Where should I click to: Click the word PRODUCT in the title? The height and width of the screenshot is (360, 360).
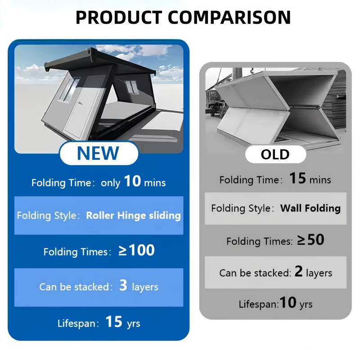pos(119,18)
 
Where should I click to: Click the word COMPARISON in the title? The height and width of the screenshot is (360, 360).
pos(229,18)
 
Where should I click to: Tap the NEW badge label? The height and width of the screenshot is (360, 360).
pos(98,153)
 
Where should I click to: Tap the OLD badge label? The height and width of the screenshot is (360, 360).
pos(275,154)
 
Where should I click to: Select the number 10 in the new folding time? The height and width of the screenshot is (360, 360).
pos(132,181)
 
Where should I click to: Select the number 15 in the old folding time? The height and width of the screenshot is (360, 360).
pos(297,178)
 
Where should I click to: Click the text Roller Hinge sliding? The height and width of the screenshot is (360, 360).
pos(133,216)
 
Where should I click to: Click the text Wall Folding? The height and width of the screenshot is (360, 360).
pos(310,208)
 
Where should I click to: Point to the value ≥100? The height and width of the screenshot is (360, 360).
pos(136,250)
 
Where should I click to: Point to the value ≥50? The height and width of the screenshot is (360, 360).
pos(310,240)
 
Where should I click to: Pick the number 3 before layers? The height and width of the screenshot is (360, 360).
pos(123,285)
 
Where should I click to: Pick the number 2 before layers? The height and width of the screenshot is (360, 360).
pos(298,271)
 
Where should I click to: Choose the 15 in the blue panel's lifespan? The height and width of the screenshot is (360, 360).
pos(114,322)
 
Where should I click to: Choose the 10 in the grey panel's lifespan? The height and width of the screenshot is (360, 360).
pos(288,302)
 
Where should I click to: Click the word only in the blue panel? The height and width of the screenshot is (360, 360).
pos(110,183)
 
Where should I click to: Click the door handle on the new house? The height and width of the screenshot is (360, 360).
pos(80,103)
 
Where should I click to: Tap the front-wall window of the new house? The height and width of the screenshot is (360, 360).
pos(69,90)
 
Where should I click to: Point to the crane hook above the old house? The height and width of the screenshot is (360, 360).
pos(252,71)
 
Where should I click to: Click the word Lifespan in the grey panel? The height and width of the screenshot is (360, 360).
pos(258,304)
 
